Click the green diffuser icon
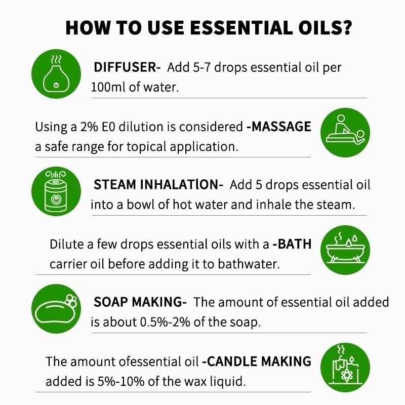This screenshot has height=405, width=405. (56, 74)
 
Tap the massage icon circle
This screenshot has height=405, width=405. (345, 133)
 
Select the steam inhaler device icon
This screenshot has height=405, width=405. (56, 191)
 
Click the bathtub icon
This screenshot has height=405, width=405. (345, 250)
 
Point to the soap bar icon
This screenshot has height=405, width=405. (56, 309)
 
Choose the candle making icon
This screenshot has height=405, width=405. (345, 368)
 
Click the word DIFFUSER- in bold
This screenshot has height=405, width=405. (127, 67)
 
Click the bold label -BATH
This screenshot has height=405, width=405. (292, 244)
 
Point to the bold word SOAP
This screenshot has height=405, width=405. (110, 302)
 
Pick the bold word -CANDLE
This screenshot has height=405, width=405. (230, 361)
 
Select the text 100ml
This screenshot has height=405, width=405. (108, 87)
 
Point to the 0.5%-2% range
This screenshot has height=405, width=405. (165, 322)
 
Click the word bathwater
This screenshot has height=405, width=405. (249, 264)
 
